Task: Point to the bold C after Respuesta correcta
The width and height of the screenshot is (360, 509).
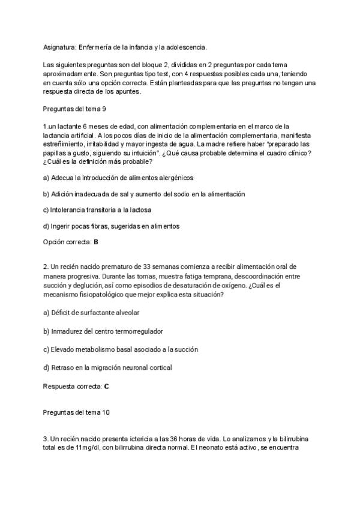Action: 106,386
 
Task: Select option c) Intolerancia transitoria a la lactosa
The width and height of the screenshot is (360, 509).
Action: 97,210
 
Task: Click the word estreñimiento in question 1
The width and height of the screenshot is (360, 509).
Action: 64,144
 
